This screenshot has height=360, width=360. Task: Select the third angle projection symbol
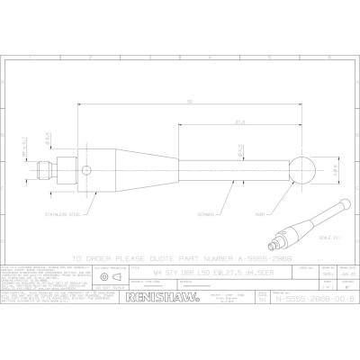pos(110,279)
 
